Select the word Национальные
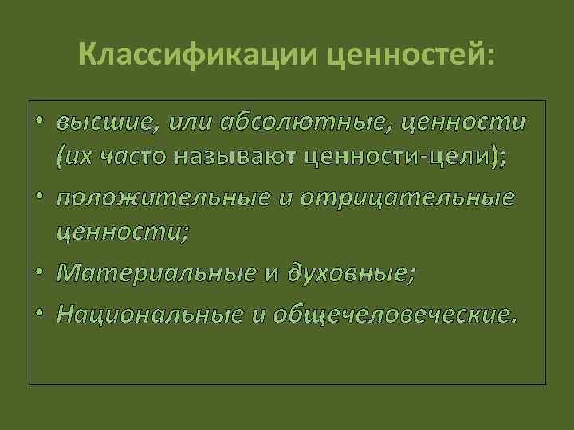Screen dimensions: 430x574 coord(150,314)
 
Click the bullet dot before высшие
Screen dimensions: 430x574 coord(40,124)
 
